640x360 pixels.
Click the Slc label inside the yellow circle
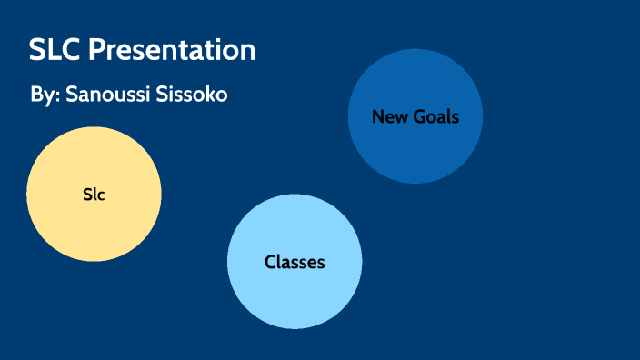click(x=94, y=194)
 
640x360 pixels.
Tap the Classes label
click(x=295, y=263)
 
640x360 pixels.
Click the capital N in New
click(x=377, y=116)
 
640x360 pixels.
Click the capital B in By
click(x=35, y=95)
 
